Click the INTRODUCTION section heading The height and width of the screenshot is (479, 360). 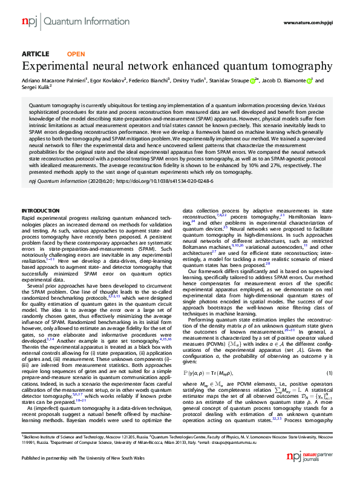(42, 210)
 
